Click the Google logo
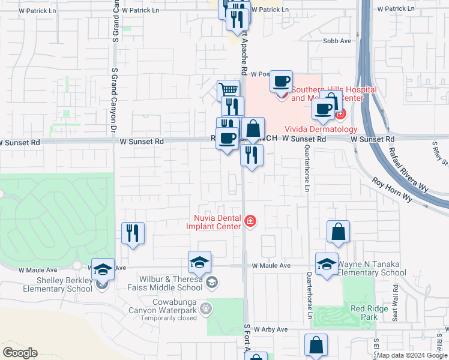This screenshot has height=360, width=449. pos(20,353)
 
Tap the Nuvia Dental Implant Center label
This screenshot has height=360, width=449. pos(217,222)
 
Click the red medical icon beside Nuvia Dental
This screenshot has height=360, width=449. pos(250,222)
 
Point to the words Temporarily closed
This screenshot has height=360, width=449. pos(169,318)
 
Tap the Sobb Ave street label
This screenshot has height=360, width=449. pos(337,41)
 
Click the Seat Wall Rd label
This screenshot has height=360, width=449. pos(395,307)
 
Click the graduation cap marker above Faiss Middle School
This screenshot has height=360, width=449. pos(199,262)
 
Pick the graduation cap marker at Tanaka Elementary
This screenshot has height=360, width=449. pos(327,264)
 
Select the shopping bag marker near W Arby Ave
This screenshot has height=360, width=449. pos(316,345)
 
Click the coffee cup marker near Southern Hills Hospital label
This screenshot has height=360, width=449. pos(280,81)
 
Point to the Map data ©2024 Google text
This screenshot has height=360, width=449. pos(412,355)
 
